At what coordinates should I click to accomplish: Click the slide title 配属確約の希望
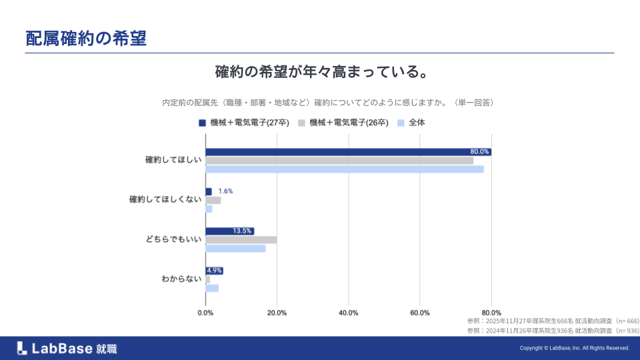tap(85, 38)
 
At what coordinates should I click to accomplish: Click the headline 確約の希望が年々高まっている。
tap(321, 71)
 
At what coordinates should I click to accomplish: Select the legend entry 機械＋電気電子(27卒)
tap(244, 123)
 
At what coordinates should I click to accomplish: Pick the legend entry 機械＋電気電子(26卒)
tap(344, 123)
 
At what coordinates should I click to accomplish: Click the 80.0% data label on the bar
tap(479, 152)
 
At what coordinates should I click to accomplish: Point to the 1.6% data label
tap(225, 191)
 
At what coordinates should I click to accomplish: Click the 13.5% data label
tap(242, 231)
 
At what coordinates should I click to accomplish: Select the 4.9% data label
tap(214, 271)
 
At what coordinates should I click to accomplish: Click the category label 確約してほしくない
tap(165, 200)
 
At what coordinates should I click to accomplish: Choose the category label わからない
tap(181, 279)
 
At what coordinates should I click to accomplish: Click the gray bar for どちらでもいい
tap(241, 240)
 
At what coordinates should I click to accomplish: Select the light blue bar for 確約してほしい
tap(344, 169)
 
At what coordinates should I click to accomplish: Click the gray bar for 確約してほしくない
tap(213, 200)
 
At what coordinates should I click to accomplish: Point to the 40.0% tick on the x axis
tap(348, 313)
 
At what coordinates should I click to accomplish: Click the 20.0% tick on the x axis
tap(277, 313)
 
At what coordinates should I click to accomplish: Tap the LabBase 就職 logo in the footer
tap(67, 348)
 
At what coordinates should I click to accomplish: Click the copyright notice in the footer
tap(574, 348)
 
